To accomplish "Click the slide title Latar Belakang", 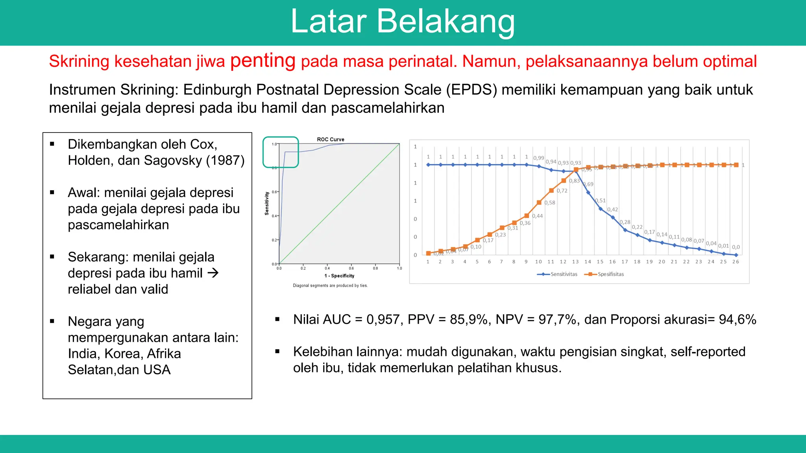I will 402,22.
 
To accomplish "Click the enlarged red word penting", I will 263,61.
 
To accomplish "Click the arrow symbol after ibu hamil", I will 213,273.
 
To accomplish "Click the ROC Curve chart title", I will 331,139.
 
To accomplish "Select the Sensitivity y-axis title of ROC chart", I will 267,203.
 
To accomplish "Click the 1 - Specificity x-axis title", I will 339,276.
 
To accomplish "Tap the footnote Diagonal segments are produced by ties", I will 330,285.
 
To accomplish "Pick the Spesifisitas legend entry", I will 610,274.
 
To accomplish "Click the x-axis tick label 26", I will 736,261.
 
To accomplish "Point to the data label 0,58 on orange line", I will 550,203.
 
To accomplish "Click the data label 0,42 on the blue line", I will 612,210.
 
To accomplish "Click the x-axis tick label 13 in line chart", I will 575,261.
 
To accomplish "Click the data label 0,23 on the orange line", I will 500,235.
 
